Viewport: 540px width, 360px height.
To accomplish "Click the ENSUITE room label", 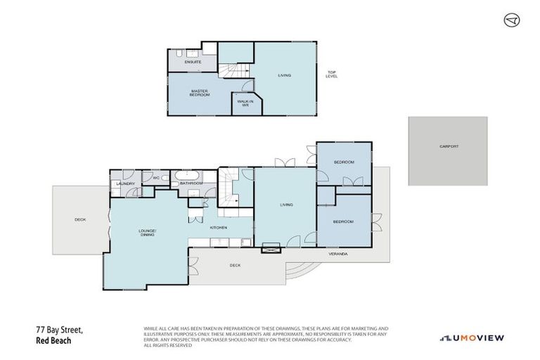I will [193, 63].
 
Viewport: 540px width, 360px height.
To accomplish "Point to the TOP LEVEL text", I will [331, 74].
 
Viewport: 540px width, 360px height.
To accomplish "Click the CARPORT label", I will [449, 146].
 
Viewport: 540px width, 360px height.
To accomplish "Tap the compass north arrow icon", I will [511, 21].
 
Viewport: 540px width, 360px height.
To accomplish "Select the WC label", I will [156, 179].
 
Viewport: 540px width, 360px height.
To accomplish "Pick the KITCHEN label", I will [218, 228].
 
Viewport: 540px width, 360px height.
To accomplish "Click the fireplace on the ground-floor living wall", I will [271, 247].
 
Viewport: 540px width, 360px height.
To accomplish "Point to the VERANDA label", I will [338, 253].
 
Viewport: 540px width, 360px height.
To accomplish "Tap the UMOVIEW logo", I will [471, 337].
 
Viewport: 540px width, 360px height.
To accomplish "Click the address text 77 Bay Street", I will [60, 329].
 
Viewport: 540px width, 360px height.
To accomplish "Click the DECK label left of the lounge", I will [79, 220].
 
